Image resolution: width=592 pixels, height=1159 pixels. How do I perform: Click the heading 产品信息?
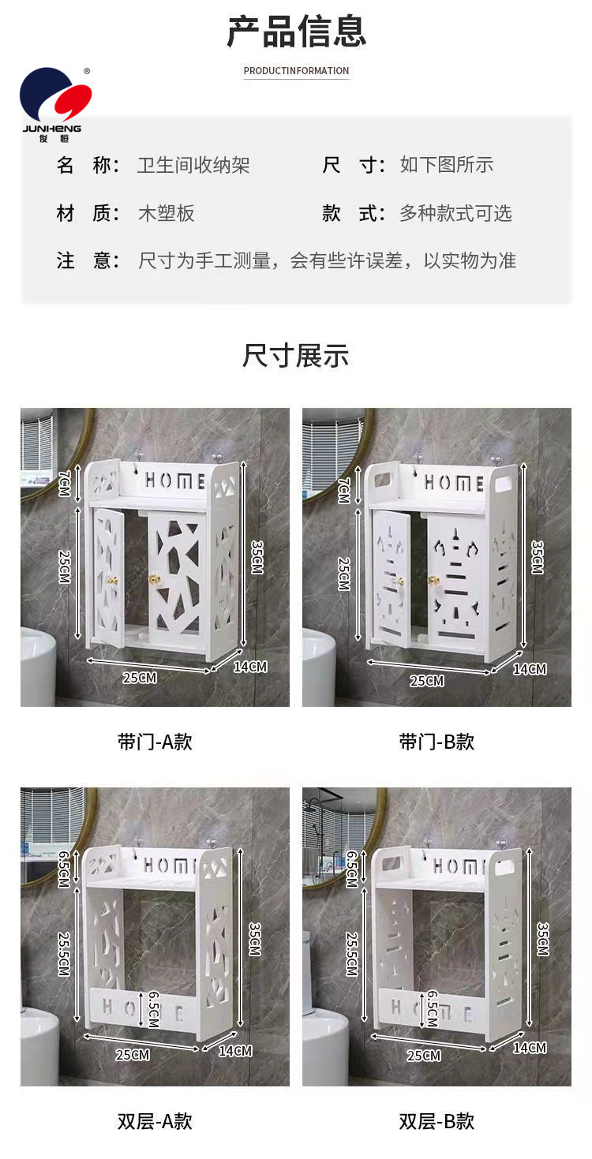coord(297,32)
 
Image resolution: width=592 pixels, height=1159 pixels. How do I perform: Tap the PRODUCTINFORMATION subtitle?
coord(296,70)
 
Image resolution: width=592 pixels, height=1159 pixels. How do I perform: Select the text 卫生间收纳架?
coord(193,165)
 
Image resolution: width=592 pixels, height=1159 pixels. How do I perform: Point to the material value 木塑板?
coord(166,213)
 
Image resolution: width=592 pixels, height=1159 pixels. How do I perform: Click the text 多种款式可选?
coord(455,213)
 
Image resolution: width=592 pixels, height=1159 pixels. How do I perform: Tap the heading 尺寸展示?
coord(296,356)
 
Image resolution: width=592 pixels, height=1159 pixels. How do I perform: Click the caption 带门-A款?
coord(155,742)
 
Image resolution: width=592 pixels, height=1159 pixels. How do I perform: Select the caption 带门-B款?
coord(437,742)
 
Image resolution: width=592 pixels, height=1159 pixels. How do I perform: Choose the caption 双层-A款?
coord(155,1120)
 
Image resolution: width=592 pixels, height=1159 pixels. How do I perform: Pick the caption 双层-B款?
coord(437,1120)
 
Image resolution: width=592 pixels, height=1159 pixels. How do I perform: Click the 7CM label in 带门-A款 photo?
coord(64,484)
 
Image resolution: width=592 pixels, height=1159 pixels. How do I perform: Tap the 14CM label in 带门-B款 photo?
coord(530,669)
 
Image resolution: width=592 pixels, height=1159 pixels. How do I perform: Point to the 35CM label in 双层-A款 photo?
coord(255,939)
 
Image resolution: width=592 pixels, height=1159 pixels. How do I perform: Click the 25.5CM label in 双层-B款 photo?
coord(352,954)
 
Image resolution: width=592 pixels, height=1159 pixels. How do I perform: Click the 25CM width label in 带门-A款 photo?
coord(140,677)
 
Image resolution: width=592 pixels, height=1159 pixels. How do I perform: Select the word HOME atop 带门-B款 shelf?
coord(454,483)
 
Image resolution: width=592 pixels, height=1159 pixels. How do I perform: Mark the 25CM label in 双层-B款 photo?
coord(424,1055)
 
